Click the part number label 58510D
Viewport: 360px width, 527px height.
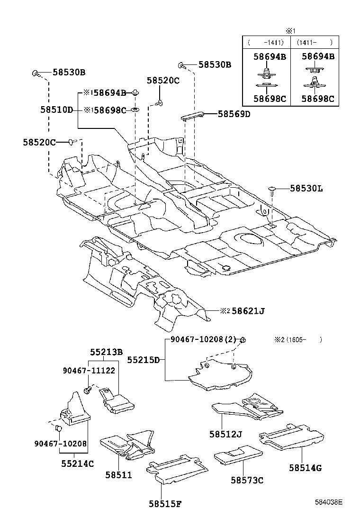click(x=56, y=110)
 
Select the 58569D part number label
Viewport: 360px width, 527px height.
click(x=234, y=114)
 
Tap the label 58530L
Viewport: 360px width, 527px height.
click(x=306, y=189)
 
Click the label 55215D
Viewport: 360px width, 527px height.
click(x=143, y=360)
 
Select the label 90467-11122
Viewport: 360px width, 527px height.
click(x=89, y=370)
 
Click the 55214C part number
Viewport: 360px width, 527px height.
click(x=77, y=463)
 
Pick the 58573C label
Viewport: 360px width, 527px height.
click(x=247, y=480)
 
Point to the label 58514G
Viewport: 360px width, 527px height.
click(x=305, y=468)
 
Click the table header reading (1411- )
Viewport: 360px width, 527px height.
click(x=315, y=43)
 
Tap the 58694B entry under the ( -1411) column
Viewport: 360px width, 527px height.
click(x=270, y=56)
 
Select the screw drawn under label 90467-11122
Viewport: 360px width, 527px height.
click(x=88, y=390)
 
